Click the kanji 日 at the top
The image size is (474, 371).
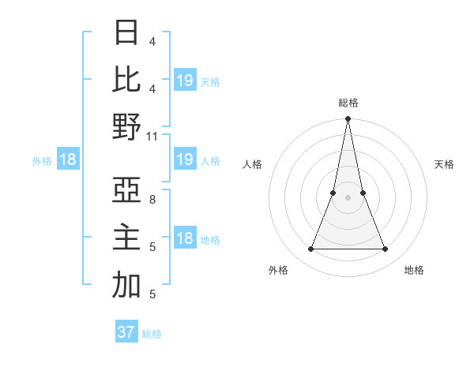(x=126, y=33)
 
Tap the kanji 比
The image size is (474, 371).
(x=126, y=81)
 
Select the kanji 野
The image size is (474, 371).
(x=126, y=127)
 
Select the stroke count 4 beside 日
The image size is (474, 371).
(x=152, y=42)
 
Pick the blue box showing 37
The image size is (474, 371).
(x=126, y=332)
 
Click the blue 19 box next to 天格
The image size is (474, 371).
(x=185, y=81)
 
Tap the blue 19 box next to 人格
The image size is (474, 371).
(x=185, y=160)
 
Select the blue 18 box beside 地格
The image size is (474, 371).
(x=185, y=239)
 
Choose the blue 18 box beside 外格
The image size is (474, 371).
(x=68, y=160)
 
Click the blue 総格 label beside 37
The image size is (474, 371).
(x=152, y=334)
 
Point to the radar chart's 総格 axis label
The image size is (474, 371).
(x=348, y=103)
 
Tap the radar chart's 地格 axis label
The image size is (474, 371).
(x=414, y=270)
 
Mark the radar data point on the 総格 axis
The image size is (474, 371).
(x=348, y=119)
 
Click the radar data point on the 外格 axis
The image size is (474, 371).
(x=310, y=249)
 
